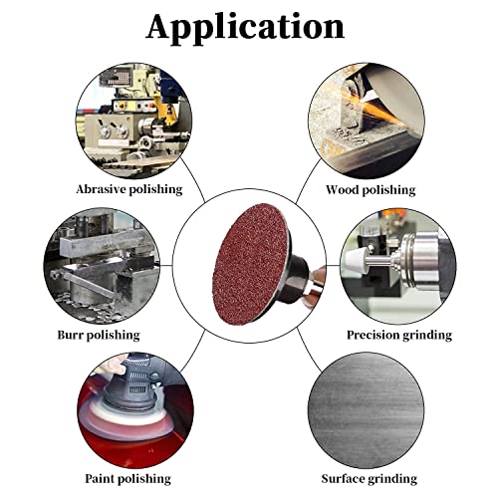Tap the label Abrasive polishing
point(129,189)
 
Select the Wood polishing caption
point(371,190)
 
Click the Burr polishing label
point(99,335)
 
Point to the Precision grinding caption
point(399,335)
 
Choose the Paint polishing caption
point(127,479)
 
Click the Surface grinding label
point(370,479)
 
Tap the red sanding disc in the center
point(251,264)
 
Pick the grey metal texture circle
point(367,410)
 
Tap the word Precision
point(373,335)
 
